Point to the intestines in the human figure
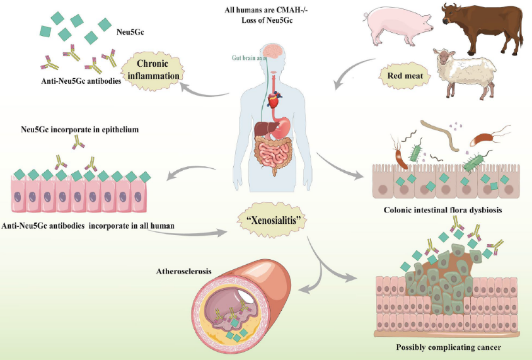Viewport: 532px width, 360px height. pyautogui.click(x=276, y=154)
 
